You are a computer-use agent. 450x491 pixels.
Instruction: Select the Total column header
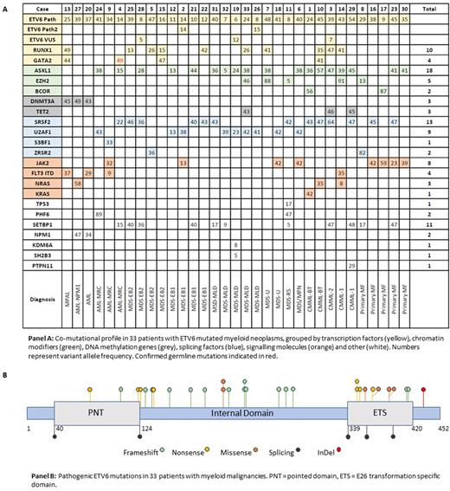tap(429, 7)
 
